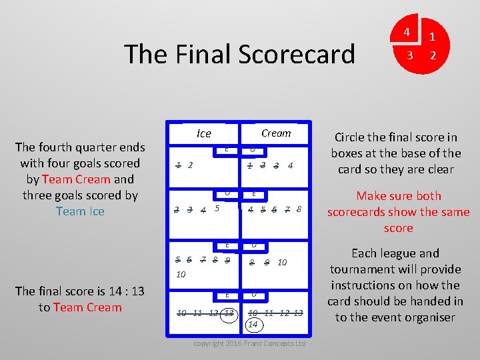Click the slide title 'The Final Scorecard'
pyautogui.click(x=239, y=54)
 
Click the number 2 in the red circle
pyautogui.click(x=433, y=55)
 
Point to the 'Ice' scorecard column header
pyautogui.click(x=203, y=133)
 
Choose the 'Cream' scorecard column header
pyautogui.click(x=276, y=133)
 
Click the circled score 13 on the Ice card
pyautogui.click(x=229, y=313)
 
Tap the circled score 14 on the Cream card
pyautogui.click(x=253, y=325)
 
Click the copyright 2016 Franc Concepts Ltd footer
pyautogui.click(x=249, y=344)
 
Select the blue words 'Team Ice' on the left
pyautogui.click(x=80, y=211)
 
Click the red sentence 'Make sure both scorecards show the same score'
pyautogui.click(x=398, y=212)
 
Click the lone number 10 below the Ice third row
pyautogui.click(x=181, y=275)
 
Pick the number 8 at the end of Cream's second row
pyautogui.click(x=299, y=209)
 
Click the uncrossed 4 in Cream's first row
pyautogui.click(x=291, y=165)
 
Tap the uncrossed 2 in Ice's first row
pyautogui.click(x=191, y=165)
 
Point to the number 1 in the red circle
pyautogui.click(x=433, y=37)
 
